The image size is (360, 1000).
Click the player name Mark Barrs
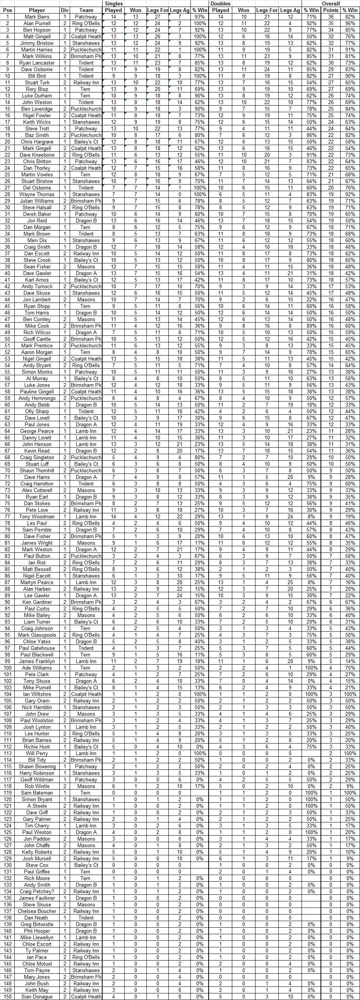[37, 17]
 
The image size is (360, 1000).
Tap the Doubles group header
[220, 3]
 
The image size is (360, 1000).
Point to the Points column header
[331, 10]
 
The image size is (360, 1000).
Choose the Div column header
[65, 10]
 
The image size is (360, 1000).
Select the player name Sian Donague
[37, 997]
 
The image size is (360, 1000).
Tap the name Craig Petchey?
[37, 892]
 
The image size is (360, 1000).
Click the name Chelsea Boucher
[37, 911]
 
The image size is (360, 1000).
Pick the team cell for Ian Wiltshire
[86, 694]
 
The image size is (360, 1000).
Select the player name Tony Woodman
[37, 517]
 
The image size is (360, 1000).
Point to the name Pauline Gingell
[37, 392]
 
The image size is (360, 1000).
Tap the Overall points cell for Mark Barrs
[331, 17]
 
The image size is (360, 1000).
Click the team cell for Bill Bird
[86, 76]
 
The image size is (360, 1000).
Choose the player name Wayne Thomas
[37, 195]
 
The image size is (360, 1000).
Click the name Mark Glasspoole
[37, 635]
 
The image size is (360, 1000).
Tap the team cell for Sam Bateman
[86, 793]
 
